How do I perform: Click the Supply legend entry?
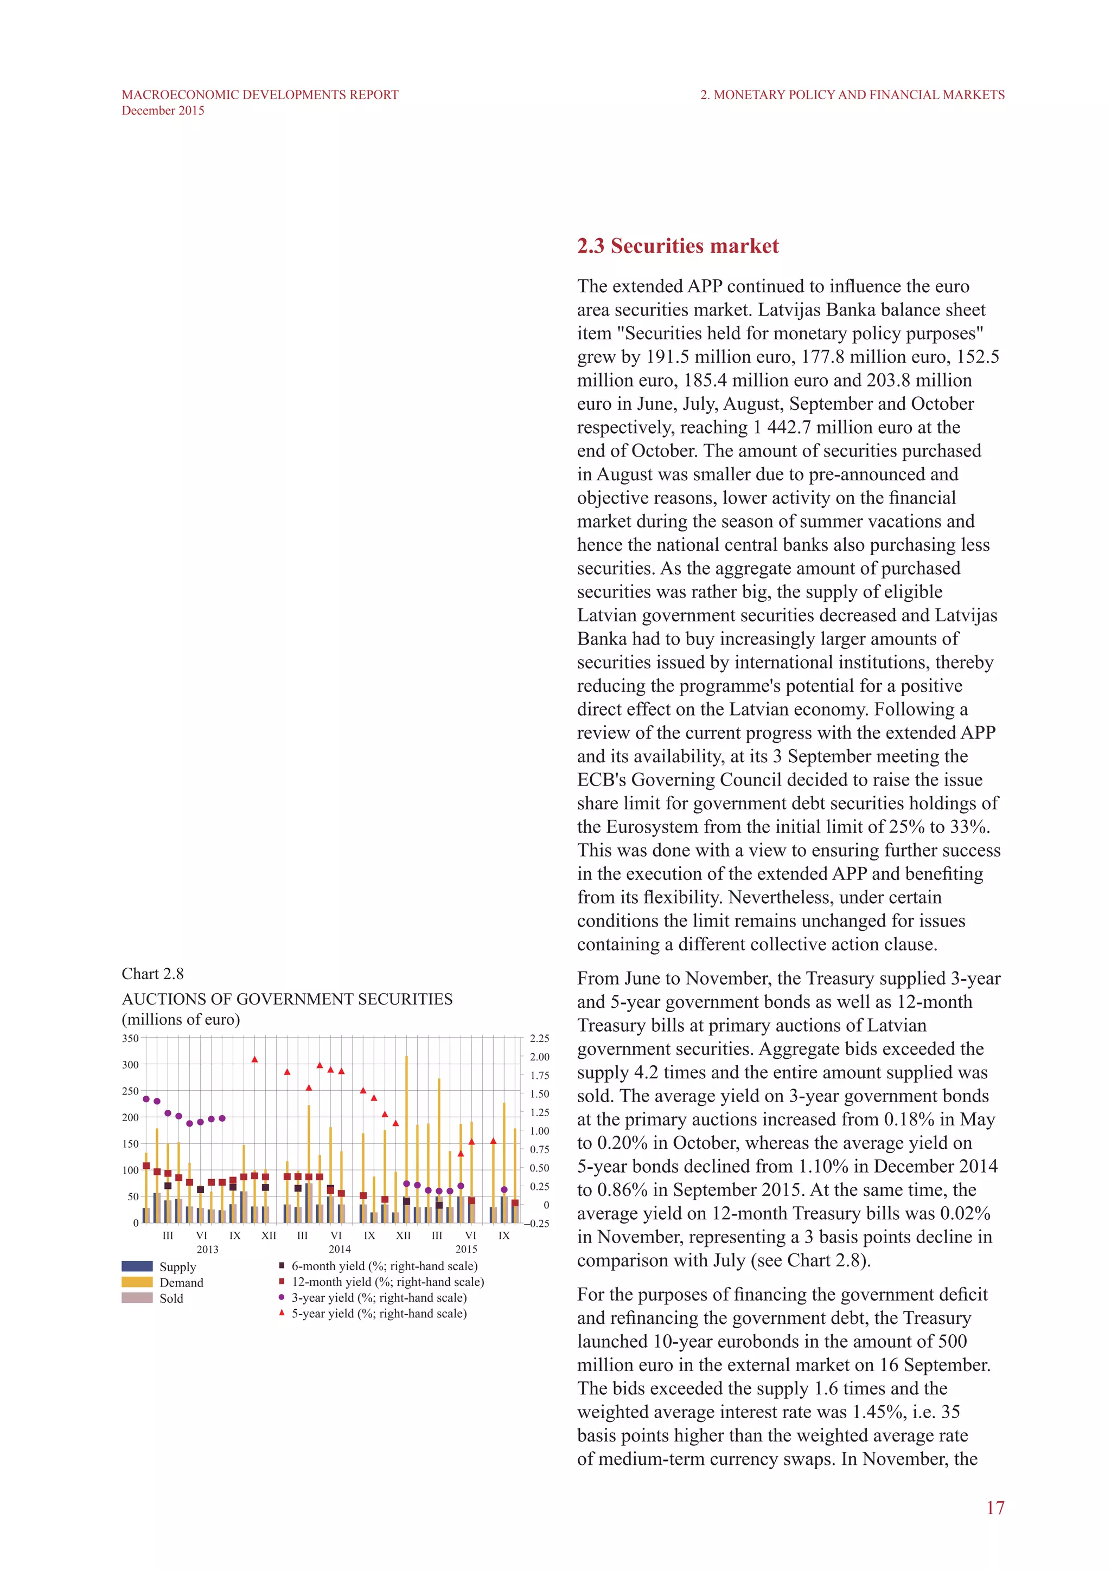(177, 1266)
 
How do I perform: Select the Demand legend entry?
(181, 1282)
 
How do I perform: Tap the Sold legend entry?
(171, 1298)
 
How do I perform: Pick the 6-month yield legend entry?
(384, 1266)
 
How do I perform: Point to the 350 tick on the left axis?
(130, 1038)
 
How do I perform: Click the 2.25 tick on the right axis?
(539, 1038)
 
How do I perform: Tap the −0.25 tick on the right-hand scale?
(538, 1224)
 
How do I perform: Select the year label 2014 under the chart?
(339, 1249)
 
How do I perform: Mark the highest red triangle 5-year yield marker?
(254, 1059)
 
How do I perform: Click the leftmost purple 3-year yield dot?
(146, 1099)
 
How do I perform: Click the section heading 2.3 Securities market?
(677, 246)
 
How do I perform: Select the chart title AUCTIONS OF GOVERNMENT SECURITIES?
(286, 999)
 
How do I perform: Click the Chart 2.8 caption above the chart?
(152, 974)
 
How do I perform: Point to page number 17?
(995, 1507)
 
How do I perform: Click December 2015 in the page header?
(163, 111)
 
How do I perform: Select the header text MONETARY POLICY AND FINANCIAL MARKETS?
(859, 95)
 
